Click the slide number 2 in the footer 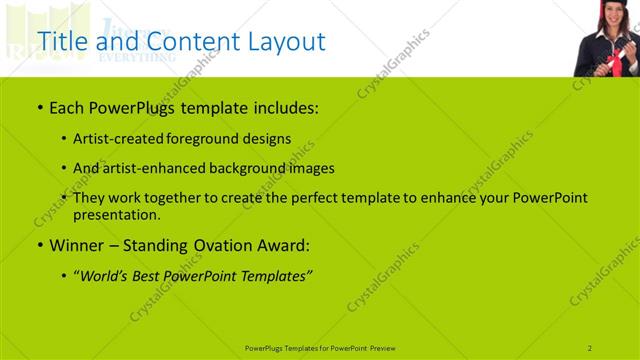point(590,347)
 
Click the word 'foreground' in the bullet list point(218,138)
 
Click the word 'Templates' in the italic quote point(276,275)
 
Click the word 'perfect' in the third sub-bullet point(316,198)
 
